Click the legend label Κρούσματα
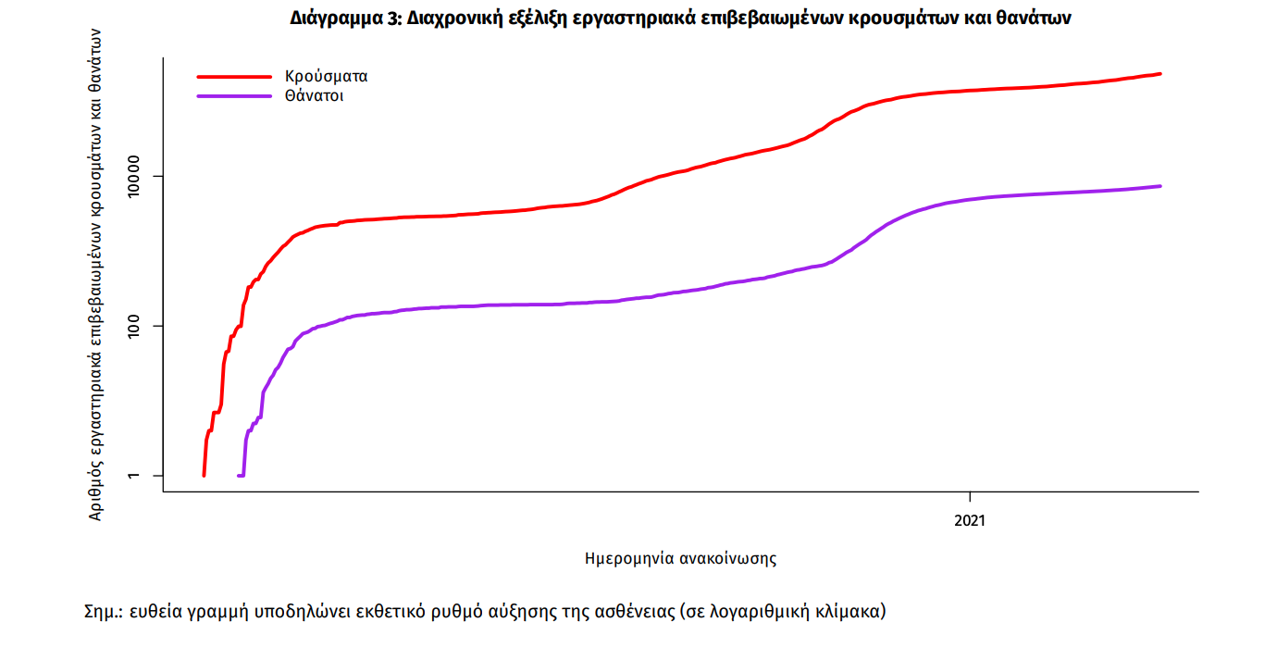click(x=327, y=77)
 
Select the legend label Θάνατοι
click(x=315, y=95)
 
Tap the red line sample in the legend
click(x=234, y=77)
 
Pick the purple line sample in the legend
click(x=234, y=95)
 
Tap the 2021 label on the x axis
click(x=970, y=521)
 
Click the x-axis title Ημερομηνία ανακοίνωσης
click(x=680, y=559)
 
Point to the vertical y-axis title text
click(x=95, y=273)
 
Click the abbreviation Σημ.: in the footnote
click(x=104, y=612)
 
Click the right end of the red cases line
click(x=1159, y=74)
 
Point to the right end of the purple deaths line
click(x=1159, y=186)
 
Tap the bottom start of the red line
click(x=204, y=475)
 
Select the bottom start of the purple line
click(x=240, y=476)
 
